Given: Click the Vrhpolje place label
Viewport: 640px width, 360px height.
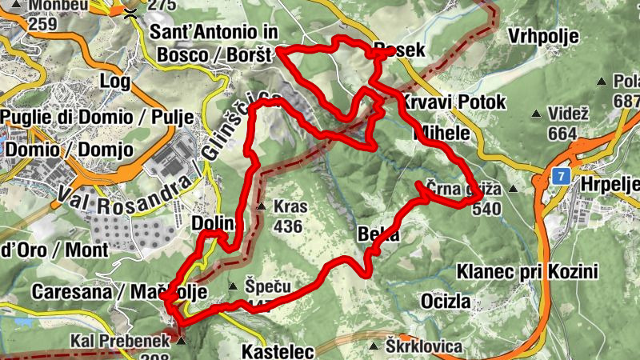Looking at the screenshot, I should (x=545, y=37).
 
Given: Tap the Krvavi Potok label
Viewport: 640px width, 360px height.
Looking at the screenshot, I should (x=454, y=102).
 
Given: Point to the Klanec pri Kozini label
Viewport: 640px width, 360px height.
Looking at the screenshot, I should (x=527, y=272).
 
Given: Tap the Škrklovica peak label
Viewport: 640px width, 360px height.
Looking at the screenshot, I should (x=424, y=346).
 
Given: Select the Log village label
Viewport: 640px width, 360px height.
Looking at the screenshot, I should (x=114, y=81).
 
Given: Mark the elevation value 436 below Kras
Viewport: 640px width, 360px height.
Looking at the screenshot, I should (x=288, y=226).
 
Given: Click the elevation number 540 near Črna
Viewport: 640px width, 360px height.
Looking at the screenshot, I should (x=486, y=210).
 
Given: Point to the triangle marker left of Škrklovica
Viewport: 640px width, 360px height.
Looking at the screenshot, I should (x=374, y=346).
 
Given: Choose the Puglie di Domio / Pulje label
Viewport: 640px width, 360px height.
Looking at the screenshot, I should (x=97, y=118).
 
